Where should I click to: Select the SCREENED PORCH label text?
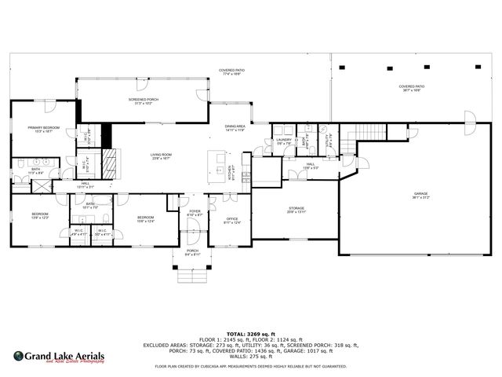coord(143,100)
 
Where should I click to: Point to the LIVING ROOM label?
coord(162,155)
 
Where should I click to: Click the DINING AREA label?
coord(235,126)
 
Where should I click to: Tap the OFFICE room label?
coord(231,219)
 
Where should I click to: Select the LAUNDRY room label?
coord(284,141)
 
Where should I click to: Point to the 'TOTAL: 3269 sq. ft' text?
coord(250,334)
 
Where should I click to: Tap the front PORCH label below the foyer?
coord(192,251)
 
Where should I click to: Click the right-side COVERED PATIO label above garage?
coord(411,87)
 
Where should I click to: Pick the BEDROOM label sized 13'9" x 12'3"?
coord(40,214)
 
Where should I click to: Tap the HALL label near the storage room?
coord(311,164)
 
